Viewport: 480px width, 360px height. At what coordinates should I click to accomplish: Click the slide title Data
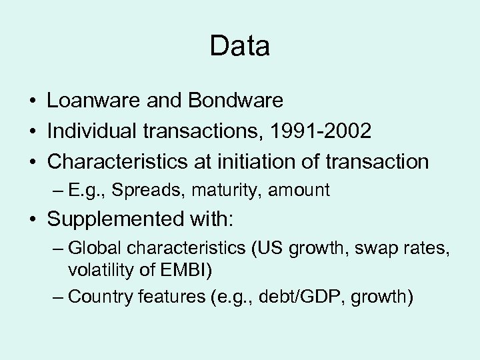(239, 47)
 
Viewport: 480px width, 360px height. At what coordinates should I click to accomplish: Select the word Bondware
(237, 101)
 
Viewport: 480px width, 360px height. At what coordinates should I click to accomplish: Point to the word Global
(92, 249)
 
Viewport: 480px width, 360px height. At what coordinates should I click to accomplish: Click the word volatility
(102, 271)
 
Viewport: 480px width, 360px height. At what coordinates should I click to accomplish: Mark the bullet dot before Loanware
(31, 101)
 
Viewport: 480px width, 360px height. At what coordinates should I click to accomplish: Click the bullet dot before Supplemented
(31, 220)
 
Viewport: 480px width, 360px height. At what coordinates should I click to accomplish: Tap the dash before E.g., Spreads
(56, 191)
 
